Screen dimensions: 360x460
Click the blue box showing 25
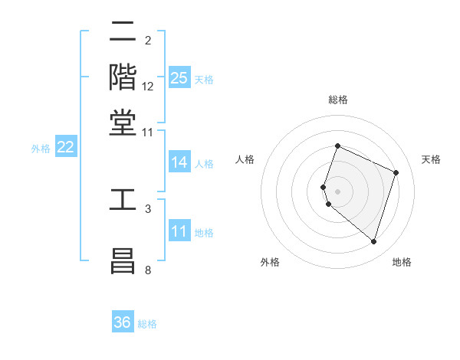(179, 77)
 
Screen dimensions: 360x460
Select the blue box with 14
(179, 162)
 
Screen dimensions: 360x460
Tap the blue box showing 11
(179, 231)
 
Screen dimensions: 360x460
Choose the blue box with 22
(65, 148)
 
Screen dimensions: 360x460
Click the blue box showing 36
(123, 322)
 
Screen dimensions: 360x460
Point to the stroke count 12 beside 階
(148, 87)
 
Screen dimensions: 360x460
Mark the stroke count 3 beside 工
(148, 208)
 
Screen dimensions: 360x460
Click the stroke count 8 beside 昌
(148, 270)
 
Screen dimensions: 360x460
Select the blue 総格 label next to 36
(147, 324)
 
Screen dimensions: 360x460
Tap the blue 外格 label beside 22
(41, 149)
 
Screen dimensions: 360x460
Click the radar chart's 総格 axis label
(337, 100)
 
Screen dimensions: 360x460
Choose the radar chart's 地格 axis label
(402, 263)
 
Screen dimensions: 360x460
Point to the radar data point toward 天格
(396, 172)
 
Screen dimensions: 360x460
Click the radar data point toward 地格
(374, 242)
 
